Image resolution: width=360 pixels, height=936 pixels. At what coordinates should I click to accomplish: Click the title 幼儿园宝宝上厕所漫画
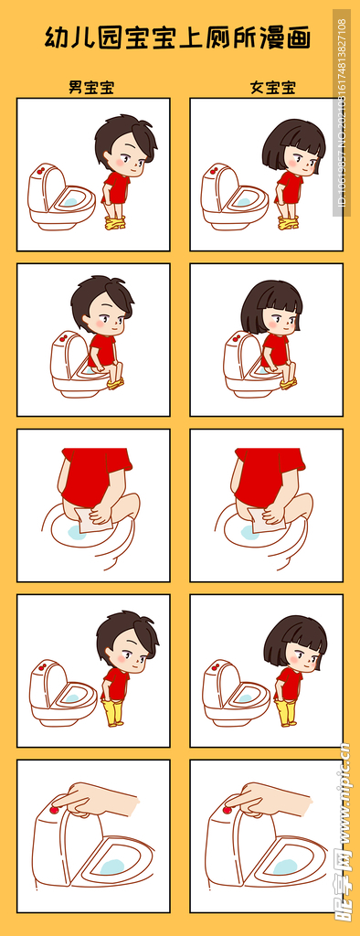178,38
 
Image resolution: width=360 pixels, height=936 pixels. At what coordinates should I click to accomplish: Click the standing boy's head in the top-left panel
126,146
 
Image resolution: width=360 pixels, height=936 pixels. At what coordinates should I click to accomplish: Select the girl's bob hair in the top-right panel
292,142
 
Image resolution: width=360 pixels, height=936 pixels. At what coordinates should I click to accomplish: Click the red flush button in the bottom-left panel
54,810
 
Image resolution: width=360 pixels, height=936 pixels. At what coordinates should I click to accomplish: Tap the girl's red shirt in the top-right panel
290,187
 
